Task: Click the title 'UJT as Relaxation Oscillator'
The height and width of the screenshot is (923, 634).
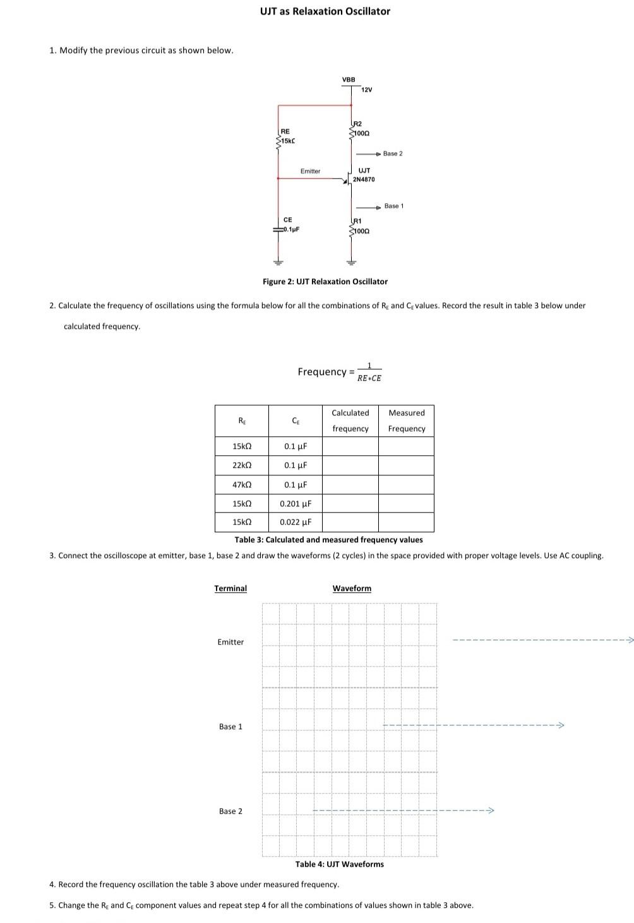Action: point(325,11)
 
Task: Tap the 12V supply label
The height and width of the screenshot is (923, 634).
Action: point(367,90)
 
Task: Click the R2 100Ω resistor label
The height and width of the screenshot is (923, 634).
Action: point(359,129)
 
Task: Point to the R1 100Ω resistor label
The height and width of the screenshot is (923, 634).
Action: point(359,226)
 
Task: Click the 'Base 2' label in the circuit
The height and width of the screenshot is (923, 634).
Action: point(392,153)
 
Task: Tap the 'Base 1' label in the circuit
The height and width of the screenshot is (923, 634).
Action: point(393,206)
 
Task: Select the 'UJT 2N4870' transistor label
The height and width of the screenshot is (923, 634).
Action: point(364,175)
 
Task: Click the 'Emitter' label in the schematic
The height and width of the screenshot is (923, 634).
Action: point(310,171)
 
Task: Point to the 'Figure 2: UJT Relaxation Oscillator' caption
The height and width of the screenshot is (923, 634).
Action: point(325,282)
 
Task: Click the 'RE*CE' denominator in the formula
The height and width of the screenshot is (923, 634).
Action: point(369,378)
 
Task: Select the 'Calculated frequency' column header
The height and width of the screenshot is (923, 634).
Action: point(350,420)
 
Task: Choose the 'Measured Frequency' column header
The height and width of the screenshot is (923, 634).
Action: point(407,420)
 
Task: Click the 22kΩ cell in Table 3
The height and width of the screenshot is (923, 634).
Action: point(242,465)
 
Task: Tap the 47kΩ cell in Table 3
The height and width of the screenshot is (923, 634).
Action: point(242,485)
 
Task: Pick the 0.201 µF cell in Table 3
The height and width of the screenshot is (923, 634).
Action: point(296,504)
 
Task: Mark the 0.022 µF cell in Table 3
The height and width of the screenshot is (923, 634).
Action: point(296,522)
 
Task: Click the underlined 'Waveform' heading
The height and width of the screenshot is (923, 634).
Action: point(352,588)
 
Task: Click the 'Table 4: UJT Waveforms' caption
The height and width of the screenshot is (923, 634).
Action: point(339,864)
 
